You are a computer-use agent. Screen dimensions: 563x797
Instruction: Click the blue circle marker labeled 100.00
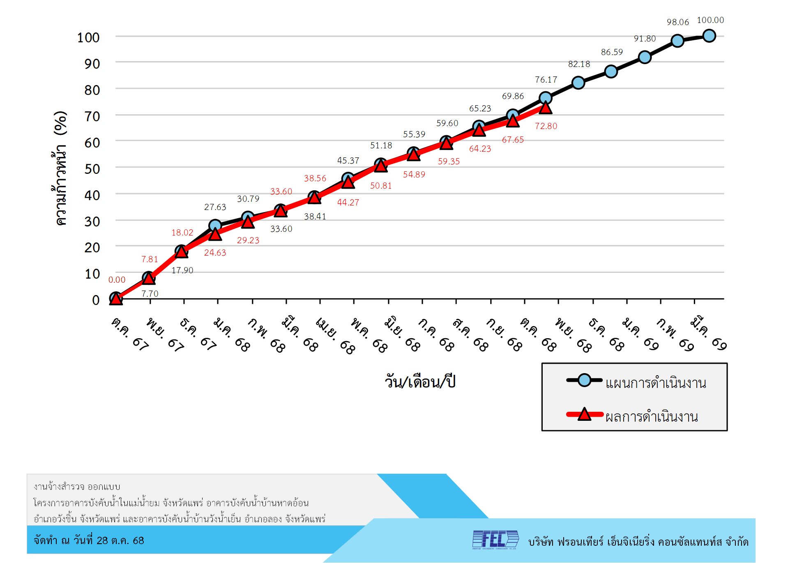pos(709,36)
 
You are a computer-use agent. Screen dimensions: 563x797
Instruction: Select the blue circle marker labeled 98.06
pos(677,41)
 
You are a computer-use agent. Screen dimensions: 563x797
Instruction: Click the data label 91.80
pos(645,39)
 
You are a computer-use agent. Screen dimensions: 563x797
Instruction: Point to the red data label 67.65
pos(513,140)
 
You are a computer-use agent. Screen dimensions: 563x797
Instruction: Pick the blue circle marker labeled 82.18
pos(578,83)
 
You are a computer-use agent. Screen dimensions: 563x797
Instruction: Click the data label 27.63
pos(215,207)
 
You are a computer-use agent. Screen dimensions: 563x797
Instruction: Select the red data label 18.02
pos(182,233)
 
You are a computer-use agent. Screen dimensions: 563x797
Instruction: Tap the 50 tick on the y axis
pos(92,169)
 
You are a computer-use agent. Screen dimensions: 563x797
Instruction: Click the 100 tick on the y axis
pos(88,38)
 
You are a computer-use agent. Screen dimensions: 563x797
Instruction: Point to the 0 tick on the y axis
pos(96,300)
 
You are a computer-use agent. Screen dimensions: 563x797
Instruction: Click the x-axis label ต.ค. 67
pos(129,334)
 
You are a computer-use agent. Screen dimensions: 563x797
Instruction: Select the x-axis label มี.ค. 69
pos(708,333)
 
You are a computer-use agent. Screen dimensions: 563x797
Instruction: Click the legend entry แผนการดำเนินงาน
pos(656,383)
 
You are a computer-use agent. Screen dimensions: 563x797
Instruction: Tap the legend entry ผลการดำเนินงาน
pos(652,417)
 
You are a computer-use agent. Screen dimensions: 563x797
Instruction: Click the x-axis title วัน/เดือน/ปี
pos(420,382)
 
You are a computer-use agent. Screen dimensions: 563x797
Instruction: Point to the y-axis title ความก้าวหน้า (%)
pos(60,168)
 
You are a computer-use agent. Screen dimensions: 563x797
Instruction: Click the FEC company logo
pos(495,540)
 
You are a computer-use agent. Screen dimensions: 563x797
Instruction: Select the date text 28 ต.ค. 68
pos(120,540)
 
